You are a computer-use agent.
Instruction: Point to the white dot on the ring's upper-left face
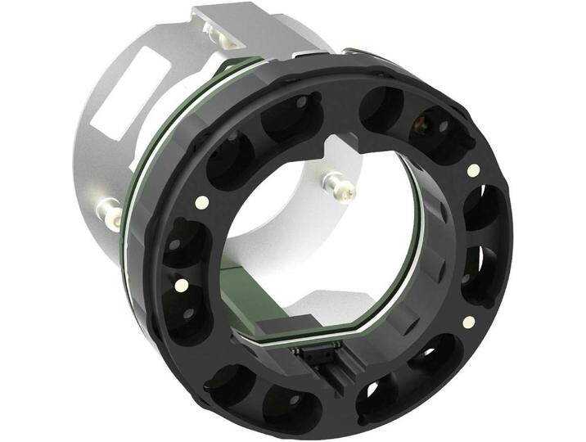tap(201, 201)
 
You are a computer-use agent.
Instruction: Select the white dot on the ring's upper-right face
tap(473, 170)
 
